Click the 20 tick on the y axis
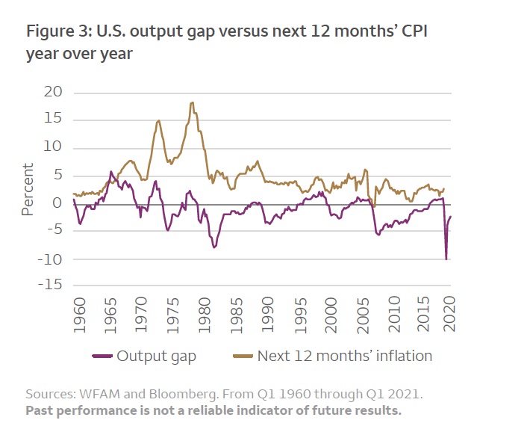52,92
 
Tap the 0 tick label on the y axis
57,203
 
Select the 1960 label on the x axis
79,315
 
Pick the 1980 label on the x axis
203,315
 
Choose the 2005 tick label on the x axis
357,315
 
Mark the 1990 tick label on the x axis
264,315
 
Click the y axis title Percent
28,189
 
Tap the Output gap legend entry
156,356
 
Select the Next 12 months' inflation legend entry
344,356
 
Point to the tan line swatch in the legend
242,357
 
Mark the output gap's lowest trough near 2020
446,259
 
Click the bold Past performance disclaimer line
213,410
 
